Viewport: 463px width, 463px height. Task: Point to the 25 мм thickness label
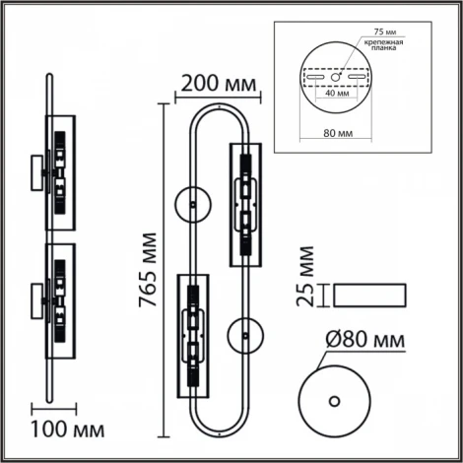pyautogui.click(x=306, y=282)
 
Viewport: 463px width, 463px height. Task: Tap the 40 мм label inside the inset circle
pyautogui.click(x=335, y=97)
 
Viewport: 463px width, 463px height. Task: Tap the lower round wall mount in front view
pyautogui.click(x=243, y=337)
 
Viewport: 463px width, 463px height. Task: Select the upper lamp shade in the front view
pyautogui.click(x=243, y=204)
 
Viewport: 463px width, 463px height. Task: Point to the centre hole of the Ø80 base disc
pyautogui.click(x=336, y=400)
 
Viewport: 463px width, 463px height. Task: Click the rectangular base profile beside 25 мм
pyautogui.click(x=367, y=295)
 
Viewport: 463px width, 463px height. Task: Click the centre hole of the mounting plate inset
pyautogui.click(x=336, y=76)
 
